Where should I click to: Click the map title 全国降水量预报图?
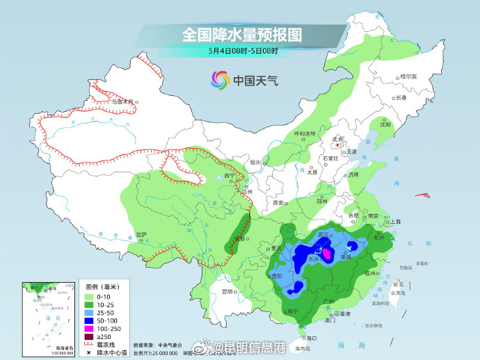pos(243,34)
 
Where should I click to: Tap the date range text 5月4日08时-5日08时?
pos(243,50)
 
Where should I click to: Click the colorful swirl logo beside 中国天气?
pos(221,80)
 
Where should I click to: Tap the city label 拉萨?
pos(141,234)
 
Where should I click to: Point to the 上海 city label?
pos(395,221)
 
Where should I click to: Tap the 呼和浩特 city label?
pos(304,133)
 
